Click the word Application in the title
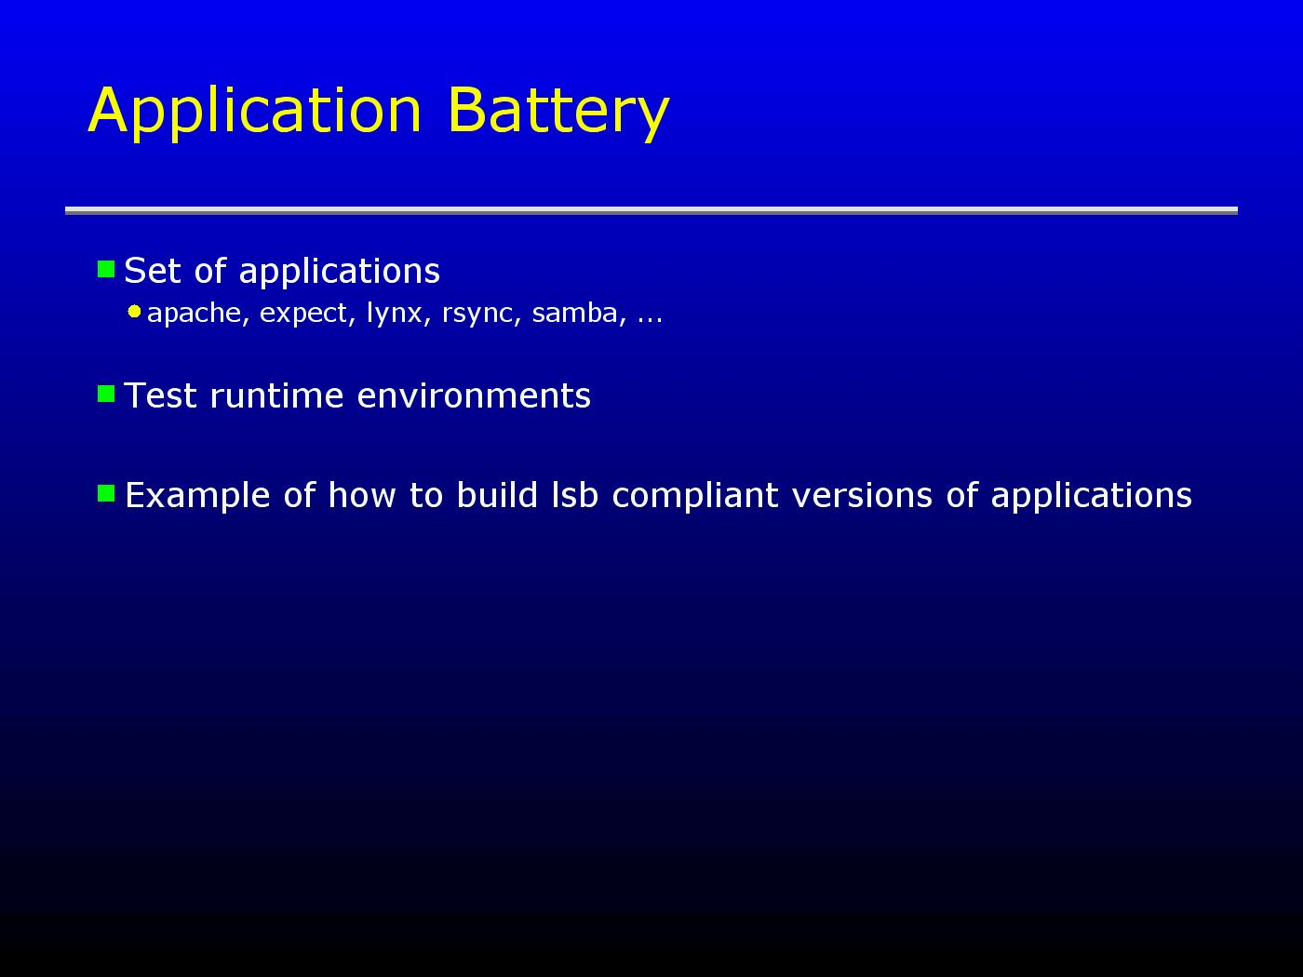(x=255, y=113)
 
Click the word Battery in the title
(x=559, y=113)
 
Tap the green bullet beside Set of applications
(x=106, y=269)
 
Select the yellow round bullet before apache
(x=134, y=312)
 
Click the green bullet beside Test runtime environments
(x=106, y=394)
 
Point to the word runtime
(x=276, y=395)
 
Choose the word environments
(x=474, y=395)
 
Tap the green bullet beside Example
(x=106, y=493)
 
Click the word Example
(x=197, y=496)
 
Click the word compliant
(x=694, y=496)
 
